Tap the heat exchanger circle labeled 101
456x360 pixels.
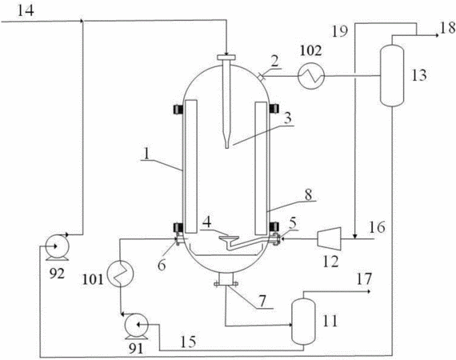click(x=120, y=274)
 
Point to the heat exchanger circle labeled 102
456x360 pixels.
click(x=311, y=76)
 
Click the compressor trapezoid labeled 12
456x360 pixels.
click(x=330, y=238)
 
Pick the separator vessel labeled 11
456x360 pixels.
click(x=304, y=322)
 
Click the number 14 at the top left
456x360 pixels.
click(x=26, y=10)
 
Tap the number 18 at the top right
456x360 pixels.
click(x=448, y=28)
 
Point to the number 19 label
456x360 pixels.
click(x=340, y=31)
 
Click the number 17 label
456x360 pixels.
click(x=364, y=279)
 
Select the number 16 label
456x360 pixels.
click(x=377, y=227)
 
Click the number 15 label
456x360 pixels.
click(x=188, y=342)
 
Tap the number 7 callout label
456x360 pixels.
click(x=262, y=301)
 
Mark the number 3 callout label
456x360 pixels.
click(x=287, y=118)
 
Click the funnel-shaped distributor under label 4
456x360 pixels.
click(x=229, y=238)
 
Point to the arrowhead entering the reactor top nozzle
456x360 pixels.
click(x=226, y=54)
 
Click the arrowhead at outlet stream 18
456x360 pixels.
click(x=437, y=35)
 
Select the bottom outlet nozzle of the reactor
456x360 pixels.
click(x=226, y=280)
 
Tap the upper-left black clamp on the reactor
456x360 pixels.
click(x=178, y=109)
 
